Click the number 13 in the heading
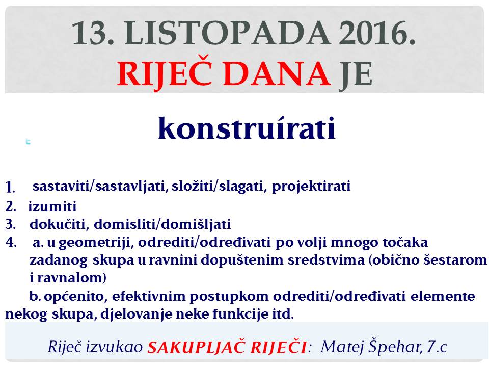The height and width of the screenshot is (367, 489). [93, 33]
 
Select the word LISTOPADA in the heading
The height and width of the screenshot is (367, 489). [228, 33]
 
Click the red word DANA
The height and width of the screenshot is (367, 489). [277, 73]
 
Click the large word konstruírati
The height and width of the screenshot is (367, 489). [247, 127]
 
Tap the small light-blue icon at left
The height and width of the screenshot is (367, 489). [28, 142]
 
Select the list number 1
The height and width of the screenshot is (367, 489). [10, 187]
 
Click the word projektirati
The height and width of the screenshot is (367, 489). [311, 187]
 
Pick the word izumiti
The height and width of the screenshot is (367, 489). [52, 206]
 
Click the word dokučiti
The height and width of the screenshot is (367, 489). [58, 224]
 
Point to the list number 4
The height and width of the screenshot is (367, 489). [11, 242]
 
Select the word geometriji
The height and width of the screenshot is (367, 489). [96, 243]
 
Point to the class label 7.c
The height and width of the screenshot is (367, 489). [437, 347]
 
